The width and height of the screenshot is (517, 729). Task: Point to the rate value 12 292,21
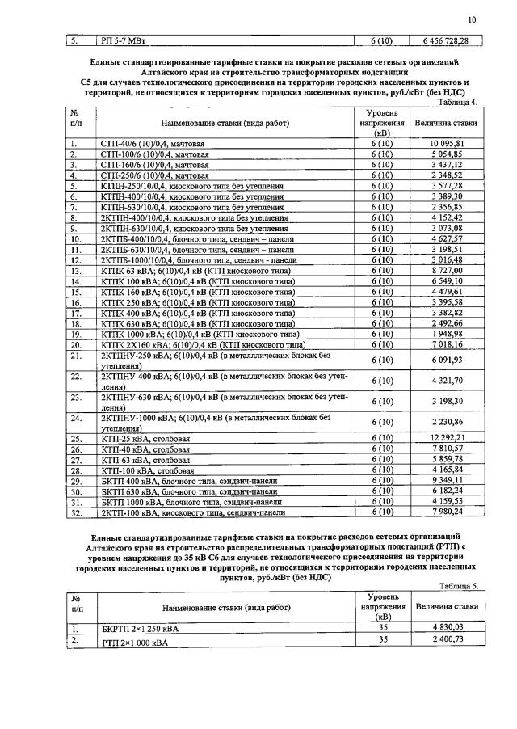(446, 438)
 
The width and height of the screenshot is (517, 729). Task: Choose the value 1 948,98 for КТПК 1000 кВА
(446, 333)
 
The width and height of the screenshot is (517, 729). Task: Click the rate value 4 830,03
(446, 627)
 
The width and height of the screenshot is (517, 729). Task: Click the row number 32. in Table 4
(78, 512)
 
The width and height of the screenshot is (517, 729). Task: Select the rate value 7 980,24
(446, 512)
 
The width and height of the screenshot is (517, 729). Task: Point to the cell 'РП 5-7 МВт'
(126, 40)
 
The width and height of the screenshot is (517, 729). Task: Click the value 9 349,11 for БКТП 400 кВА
(446, 480)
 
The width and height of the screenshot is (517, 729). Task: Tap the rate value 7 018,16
(446, 343)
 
